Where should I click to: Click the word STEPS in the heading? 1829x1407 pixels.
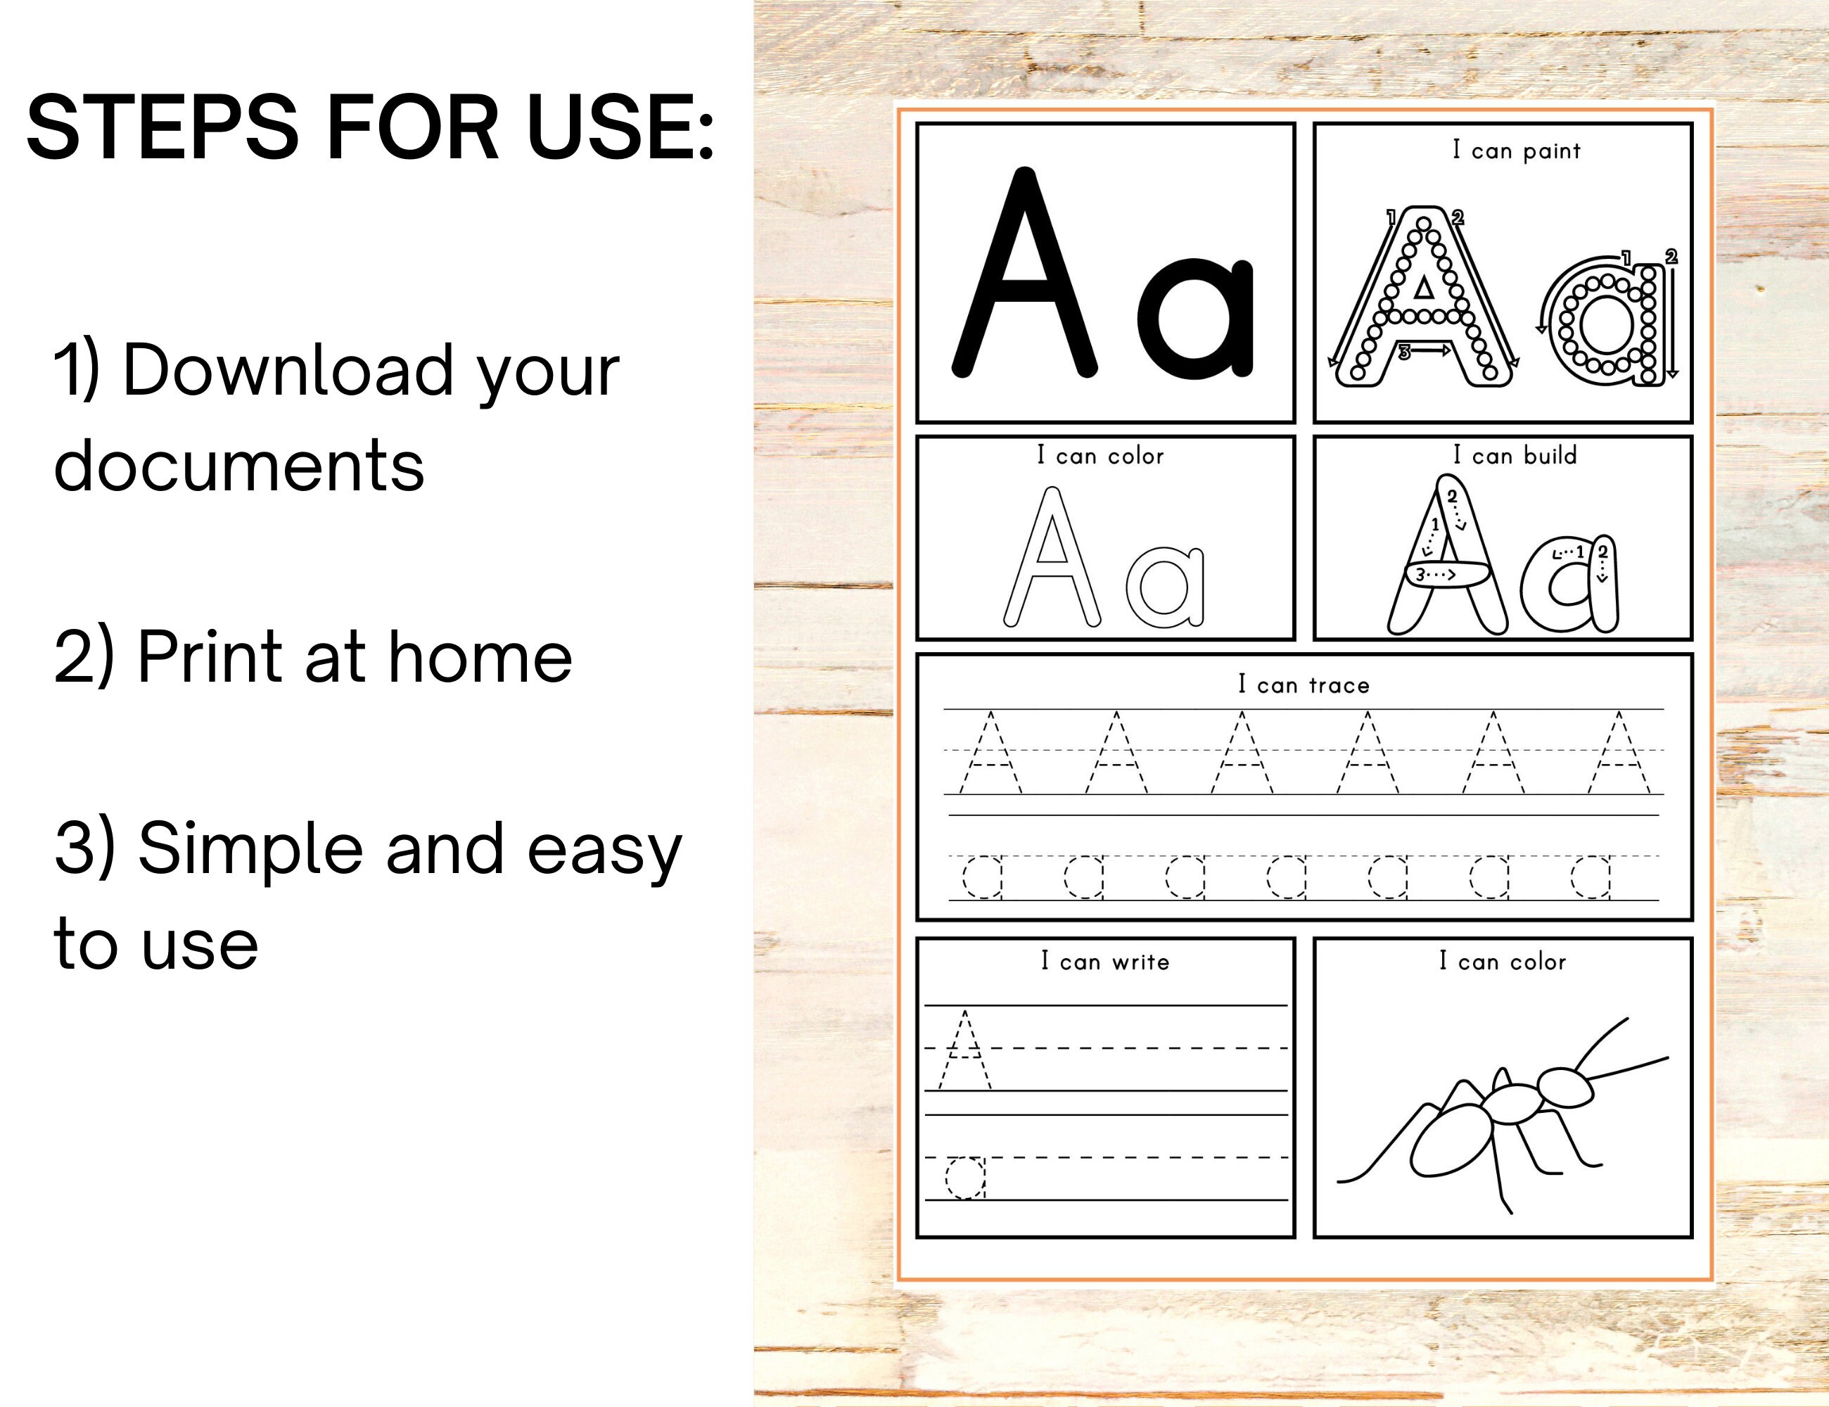[162, 127]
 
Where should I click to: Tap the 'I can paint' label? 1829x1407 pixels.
[1516, 151]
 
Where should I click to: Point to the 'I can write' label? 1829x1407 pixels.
[1104, 962]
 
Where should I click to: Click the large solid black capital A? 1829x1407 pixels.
[1025, 276]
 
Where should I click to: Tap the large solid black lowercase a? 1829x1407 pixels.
[1196, 318]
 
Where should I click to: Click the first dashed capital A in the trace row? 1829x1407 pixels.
[990, 753]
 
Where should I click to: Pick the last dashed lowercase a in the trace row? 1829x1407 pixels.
[1591, 877]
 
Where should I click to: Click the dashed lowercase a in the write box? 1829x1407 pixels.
[966, 1178]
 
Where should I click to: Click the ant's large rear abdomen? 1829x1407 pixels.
[1451, 1139]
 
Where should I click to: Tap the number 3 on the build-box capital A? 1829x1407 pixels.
[1420, 575]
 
